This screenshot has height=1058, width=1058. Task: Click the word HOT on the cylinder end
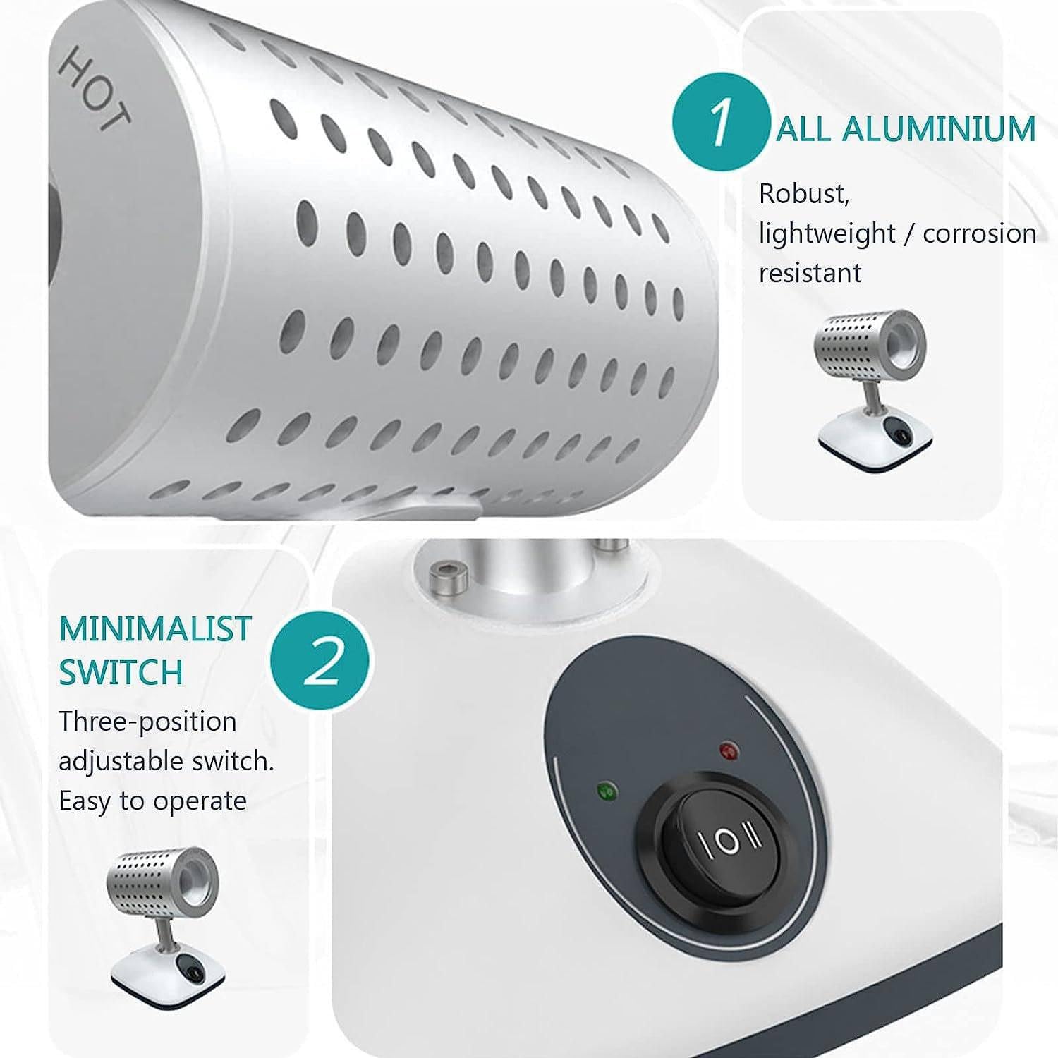tap(93, 92)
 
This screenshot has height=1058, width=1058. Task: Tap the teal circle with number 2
tap(322, 661)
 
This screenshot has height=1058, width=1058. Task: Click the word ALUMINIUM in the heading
tap(939, 129)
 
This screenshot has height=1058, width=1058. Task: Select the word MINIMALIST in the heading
tap(155, 629)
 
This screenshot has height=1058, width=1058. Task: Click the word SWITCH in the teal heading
tap(121, 672)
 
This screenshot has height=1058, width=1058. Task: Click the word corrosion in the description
tap(980, 233)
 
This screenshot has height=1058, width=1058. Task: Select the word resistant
tap(810, 273)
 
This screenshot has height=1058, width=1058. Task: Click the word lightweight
tap(827, 233)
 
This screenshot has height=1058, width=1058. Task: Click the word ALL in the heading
tap(803, 129)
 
